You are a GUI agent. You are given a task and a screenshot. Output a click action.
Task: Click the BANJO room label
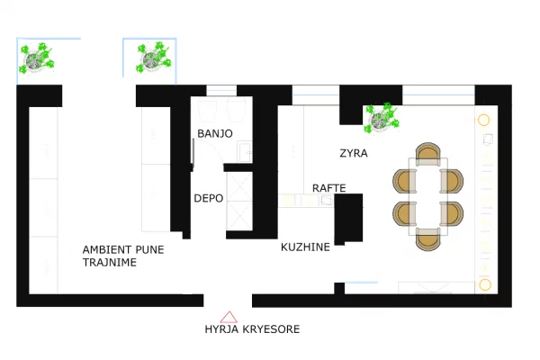(215, 133)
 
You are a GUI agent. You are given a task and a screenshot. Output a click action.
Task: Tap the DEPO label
(209, 198)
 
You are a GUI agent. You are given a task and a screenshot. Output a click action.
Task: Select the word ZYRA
(354, 152)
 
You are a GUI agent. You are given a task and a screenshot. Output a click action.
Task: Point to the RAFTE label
(328, 188)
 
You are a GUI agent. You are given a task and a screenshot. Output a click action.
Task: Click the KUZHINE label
(305, 247)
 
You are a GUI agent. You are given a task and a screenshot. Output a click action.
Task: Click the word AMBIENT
(109, 249)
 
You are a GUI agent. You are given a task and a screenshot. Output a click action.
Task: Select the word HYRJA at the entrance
(223, 329)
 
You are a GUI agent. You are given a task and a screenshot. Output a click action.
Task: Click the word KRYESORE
(272, 329)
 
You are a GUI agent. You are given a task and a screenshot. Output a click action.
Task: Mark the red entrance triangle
(229, 316)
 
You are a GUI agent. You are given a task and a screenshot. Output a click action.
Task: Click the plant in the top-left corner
(37, 60)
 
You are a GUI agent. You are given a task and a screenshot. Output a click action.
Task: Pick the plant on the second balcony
(152, 59)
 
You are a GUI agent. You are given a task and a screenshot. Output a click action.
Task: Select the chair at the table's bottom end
(427, 239)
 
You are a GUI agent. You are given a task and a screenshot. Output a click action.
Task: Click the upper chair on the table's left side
(402, 180)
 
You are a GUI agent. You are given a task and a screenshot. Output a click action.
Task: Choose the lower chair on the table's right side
(452, 213)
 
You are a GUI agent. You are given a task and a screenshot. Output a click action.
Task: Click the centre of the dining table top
(427, 196)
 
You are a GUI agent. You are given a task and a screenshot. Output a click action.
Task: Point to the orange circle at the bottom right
(484, 284)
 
